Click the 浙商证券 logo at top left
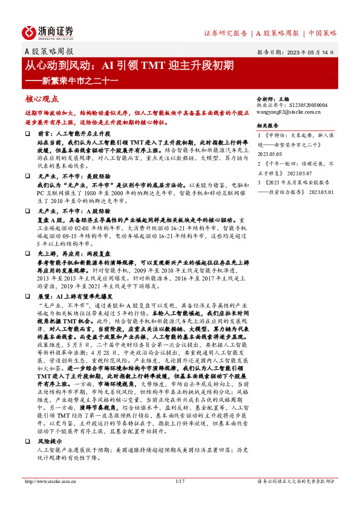(48, 32)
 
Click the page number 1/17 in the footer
(179, 481)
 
